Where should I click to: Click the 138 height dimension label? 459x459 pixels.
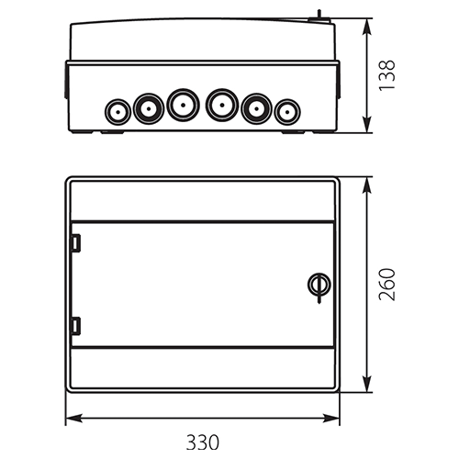point(386,75)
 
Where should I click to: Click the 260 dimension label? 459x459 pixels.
point(386,285)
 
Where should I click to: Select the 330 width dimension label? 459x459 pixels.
point(203,442)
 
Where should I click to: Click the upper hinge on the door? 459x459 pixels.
point(75,243)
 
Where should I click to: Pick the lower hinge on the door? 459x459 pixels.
point(75,326)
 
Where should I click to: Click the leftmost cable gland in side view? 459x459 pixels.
point(118,112)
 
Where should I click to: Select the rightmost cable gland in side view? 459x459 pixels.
point(287,112)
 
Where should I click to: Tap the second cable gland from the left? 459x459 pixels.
point(149,108)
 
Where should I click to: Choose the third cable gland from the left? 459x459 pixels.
point(183,105)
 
